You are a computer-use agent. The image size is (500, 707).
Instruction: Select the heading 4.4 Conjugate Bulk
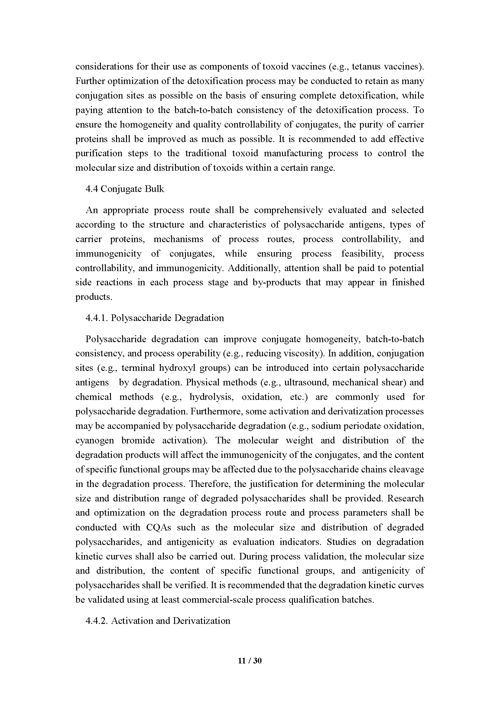click(x=125, y=189)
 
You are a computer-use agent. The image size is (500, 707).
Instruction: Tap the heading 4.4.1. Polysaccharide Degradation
click(x=155, y=318)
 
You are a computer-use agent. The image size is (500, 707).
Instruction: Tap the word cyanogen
click(x=95, y=440)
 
